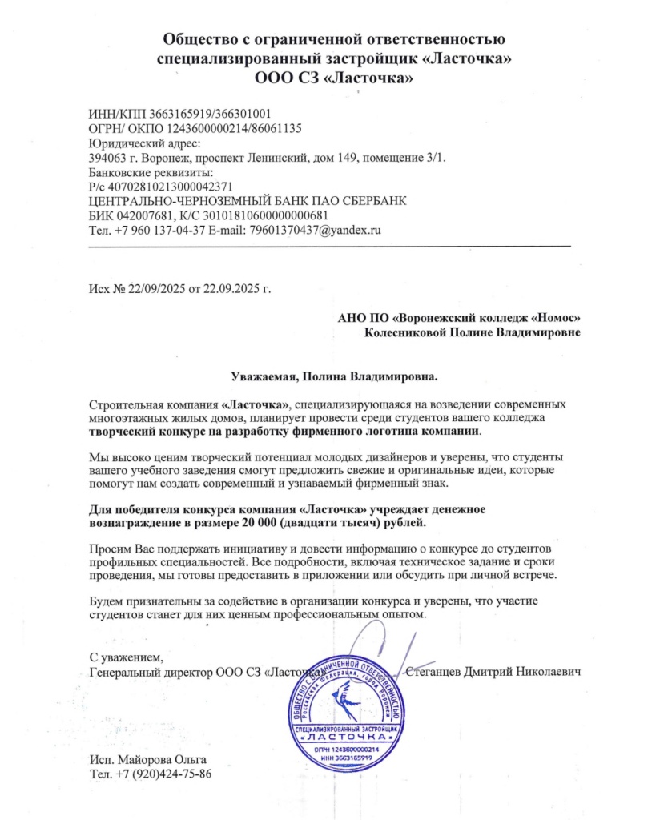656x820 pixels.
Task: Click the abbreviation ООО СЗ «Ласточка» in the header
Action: tap(334, 78)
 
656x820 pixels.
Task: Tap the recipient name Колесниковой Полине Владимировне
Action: tap(473, 331)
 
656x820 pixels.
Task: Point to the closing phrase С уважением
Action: tap(126, 657)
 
